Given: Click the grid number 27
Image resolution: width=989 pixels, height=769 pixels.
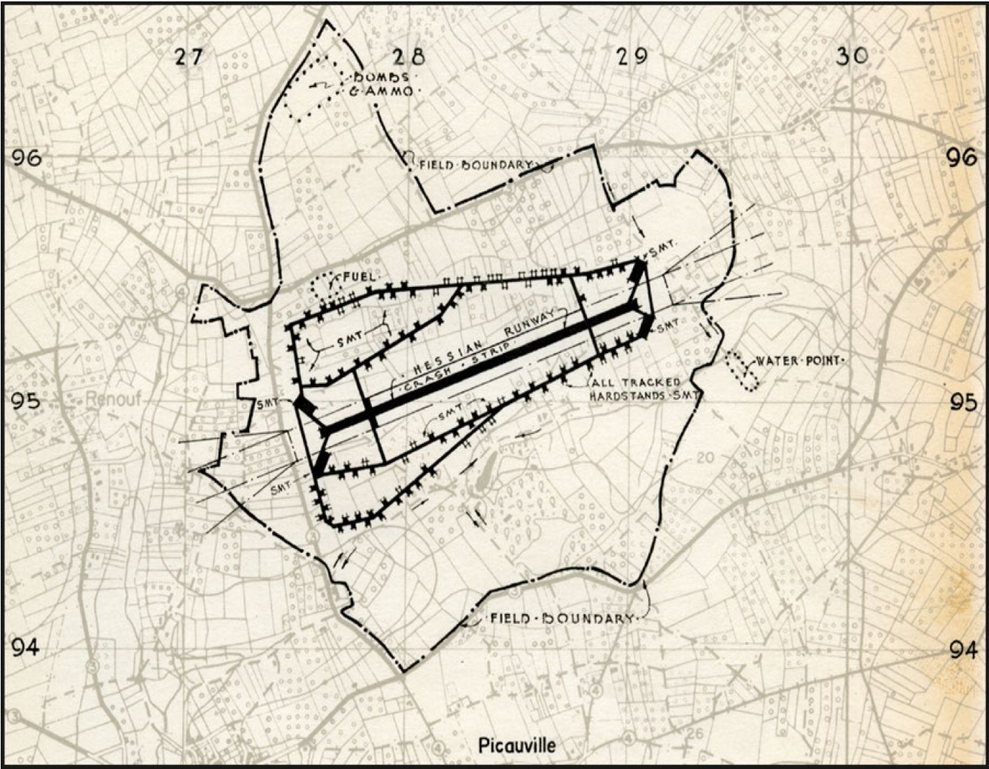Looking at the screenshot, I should click(x=188, y=57).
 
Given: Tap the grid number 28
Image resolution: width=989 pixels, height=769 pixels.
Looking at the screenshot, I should click(x=408, y=57).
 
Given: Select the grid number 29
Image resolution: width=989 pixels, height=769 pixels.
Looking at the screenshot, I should click(x=631, y=56).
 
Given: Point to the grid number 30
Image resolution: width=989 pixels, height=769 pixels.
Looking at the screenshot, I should click(x=852, y=56).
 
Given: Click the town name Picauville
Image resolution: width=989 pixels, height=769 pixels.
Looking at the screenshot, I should click(x=517, y=745).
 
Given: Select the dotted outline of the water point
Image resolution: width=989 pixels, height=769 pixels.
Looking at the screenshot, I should click(x=741, y=371).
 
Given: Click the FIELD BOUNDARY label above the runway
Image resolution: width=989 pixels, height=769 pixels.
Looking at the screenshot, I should click(x=476, y=165).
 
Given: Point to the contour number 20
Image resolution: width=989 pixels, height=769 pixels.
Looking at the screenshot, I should click(x=706, y=458).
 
